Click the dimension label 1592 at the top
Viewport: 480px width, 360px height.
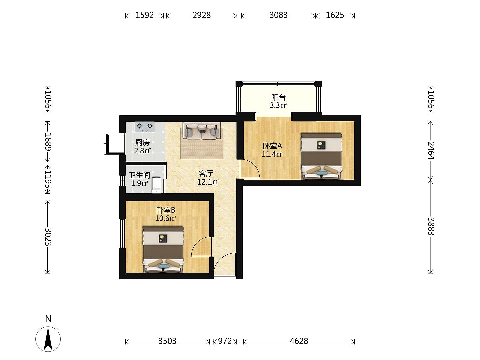145,15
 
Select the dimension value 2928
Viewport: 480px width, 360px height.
201,15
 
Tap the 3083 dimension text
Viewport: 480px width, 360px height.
278,15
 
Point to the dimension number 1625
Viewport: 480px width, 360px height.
335,15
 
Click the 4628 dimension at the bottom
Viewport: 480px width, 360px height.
299,341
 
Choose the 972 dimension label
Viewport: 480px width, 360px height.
225,341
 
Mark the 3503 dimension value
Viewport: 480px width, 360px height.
167,341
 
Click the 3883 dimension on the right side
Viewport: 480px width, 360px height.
431,226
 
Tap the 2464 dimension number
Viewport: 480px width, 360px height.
431,150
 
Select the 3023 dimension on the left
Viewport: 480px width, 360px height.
48,237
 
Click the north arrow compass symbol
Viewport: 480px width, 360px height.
48,339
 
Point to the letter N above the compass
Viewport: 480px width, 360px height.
48,319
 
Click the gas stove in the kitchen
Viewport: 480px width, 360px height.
145,127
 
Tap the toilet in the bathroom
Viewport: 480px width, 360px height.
157,185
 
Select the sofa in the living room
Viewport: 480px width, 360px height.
202,131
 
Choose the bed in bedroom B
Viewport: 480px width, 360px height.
163,250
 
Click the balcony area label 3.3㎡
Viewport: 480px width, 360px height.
278,106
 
